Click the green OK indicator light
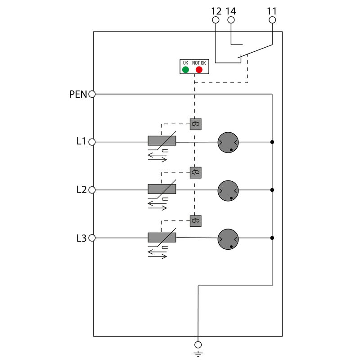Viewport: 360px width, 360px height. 185,69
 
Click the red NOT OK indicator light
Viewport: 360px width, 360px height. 199,69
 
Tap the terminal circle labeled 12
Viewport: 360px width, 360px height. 216,20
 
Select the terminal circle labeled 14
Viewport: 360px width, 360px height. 231,20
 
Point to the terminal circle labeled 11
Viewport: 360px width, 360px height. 272,20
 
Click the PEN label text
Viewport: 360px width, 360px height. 78,94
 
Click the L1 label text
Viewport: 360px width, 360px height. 81,142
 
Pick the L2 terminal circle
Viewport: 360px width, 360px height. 92,190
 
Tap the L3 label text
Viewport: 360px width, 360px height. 81,238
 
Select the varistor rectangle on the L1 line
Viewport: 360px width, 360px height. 162,141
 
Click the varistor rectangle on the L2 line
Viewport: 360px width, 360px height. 162,189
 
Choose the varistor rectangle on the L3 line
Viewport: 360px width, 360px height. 162,237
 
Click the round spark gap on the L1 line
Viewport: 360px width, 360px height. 228,142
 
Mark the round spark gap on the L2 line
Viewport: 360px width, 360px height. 228,190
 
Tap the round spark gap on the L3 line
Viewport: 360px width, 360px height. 228,238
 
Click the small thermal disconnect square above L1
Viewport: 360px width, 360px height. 195,124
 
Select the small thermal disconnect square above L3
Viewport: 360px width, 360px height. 195,220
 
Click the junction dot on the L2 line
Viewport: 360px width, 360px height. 272,190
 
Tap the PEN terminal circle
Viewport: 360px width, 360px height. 92,94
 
